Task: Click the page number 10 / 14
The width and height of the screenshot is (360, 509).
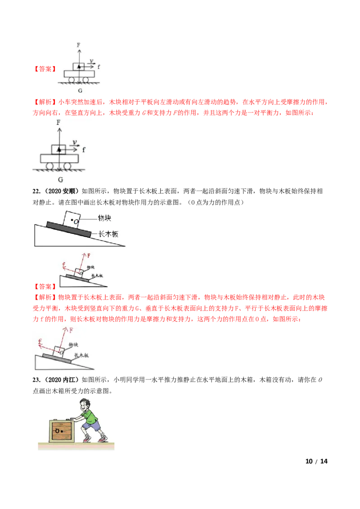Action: coord(316,461)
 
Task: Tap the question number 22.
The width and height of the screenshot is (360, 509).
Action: coord(36,191)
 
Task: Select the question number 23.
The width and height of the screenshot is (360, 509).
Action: coord(36,380)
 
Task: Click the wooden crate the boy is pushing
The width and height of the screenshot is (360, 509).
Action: coord(62,431)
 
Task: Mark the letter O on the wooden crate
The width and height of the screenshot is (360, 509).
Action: coord(57,431)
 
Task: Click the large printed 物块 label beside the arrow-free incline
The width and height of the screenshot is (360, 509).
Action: coord(104,218)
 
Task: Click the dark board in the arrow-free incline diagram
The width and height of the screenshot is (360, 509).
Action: coord(69,229)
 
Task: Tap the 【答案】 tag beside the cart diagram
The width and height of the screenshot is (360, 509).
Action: coord(45,69)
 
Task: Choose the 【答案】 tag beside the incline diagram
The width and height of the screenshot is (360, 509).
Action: coord(45,286)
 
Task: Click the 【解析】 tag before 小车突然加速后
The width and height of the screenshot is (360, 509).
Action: coord(45,102)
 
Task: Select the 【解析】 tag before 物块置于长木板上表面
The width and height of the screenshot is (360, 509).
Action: coord(45,297)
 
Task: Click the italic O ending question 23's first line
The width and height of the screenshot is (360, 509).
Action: coord(320,380)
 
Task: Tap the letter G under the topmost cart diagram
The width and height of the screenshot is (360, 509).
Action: coord(80,91)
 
